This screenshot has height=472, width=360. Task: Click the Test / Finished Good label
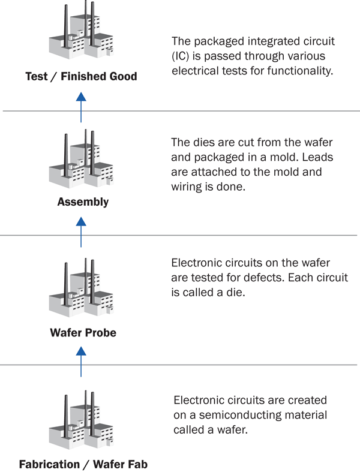pos(81,76)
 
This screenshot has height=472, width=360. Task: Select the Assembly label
pos(83,202)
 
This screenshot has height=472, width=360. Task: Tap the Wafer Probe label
pos(83,333)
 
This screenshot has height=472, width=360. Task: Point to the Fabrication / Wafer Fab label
pos(83,464)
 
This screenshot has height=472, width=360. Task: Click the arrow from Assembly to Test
pos(81,107)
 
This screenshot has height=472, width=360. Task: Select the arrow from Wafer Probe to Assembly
pos(81,232)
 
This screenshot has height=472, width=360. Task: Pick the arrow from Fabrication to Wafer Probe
pos(81,362)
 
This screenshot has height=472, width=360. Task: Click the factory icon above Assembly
pos(82,160)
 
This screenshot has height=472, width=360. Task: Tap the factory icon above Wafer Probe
pos(82,288)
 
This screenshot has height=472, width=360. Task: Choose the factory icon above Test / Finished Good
pos(82,29)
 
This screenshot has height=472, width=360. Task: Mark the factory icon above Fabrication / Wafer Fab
pos(82,420)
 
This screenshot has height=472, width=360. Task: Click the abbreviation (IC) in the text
pos(181,56)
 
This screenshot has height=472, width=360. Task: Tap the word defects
pos(263,278)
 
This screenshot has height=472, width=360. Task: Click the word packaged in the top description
pos(220,41)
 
